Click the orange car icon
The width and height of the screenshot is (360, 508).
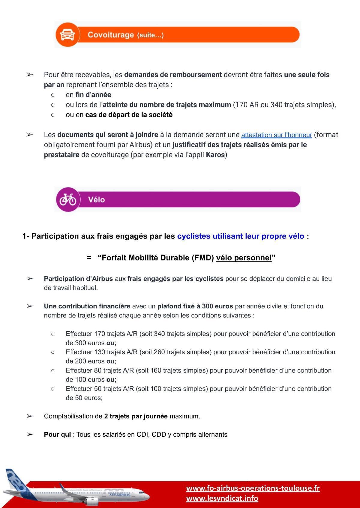point(67,35)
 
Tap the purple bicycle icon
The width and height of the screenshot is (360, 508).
point(68,199)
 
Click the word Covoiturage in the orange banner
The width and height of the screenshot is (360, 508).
point(110,35)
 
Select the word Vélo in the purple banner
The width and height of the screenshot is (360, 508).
point(96,200)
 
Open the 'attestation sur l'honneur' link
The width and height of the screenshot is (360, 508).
point(276,135)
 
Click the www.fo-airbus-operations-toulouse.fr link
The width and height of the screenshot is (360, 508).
point(253,488)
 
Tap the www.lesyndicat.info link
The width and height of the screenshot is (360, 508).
point(222,498)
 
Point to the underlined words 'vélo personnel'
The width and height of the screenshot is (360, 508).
point(244,258)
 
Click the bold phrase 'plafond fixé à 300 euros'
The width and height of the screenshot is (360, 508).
point(195,306)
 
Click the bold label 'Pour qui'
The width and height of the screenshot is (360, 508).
point(57,435)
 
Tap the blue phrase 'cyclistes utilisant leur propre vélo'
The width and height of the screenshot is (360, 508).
point(240,236)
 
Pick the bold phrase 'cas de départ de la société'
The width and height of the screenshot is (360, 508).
point(129,115)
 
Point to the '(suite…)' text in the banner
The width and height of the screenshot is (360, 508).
point(150,35)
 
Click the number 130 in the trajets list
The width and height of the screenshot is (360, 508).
point(100,352)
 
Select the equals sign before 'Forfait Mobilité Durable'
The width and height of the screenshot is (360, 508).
point(89,258)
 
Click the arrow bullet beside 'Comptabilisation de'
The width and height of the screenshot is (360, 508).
point(29,416)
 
